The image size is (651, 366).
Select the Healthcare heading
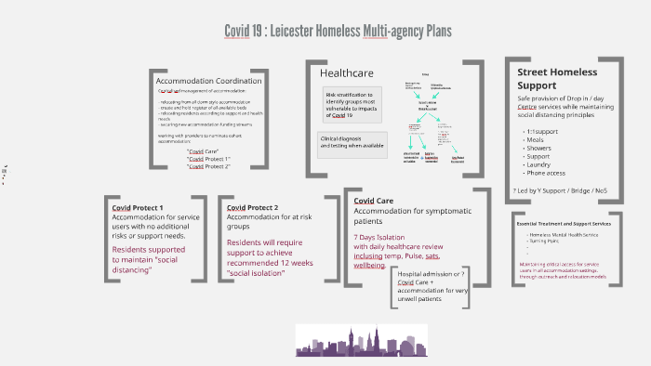[348, 72]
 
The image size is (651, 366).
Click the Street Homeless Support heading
[557, 80]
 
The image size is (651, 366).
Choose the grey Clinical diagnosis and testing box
[352, 142]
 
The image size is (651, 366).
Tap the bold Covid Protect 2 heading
[253, 207]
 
